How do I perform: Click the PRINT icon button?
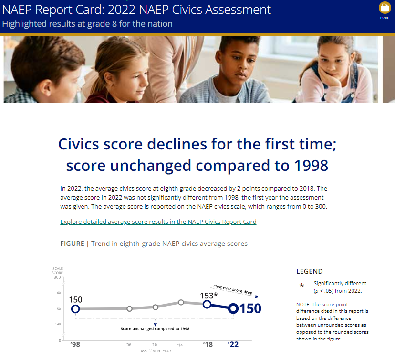coord(385,8)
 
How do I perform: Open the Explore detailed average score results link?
coord(158,222)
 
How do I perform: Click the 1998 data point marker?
coord(75,309)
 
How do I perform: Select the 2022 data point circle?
coord(233,308)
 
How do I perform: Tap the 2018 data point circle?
coord(208,304)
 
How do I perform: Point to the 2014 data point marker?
coord(181,302)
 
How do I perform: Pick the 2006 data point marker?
coord(129,309)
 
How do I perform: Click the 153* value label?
coord(208,295)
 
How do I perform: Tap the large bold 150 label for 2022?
coord(250,309)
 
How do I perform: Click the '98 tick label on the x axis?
coord(75,345)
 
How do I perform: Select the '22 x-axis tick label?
coord(233,345)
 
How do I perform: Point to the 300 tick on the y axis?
coord(57,277)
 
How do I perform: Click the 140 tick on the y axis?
coord(57,324)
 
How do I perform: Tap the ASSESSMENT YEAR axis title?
coord(154,351)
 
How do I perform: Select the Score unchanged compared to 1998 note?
coord(155,329)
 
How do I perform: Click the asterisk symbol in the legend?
coord(302,286)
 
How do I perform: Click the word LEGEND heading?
coord(310,271)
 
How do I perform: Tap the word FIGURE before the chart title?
coord(72,244)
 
